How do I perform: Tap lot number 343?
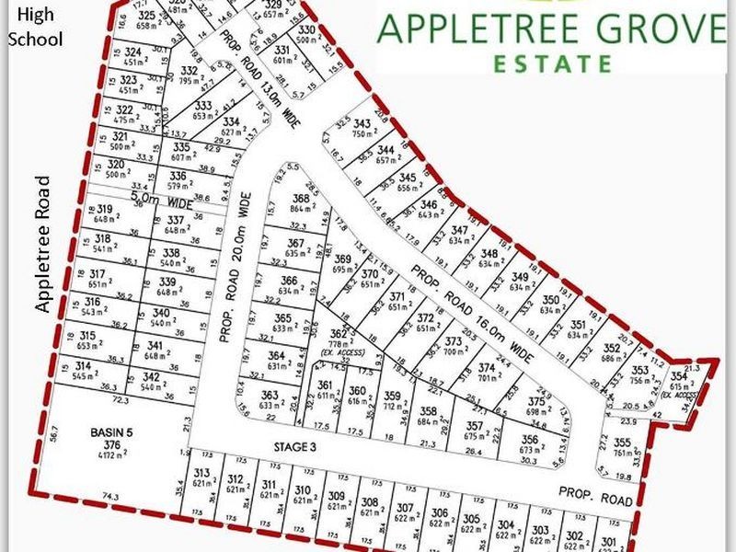[x=362, y=123]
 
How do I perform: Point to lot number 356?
[x=531, y=440]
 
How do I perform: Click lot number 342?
[x=152, y=377]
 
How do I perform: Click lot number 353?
[x=640, y=370]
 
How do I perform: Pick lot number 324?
[x=132, y=52]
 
